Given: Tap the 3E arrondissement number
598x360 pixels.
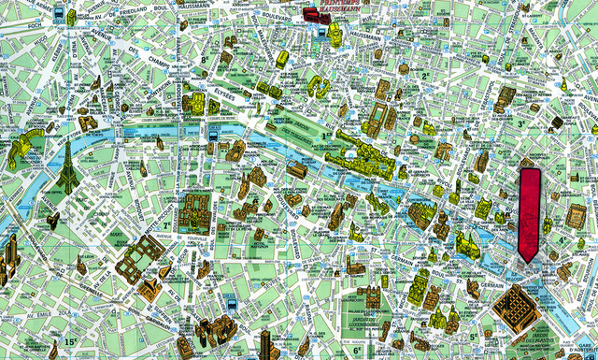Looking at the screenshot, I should tap(520, 122).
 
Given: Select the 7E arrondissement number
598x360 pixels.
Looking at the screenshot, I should tap(167, 225).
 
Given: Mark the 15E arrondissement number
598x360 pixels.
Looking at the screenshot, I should tap(70, 341).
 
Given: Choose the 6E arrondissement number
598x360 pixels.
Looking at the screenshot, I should tap(357, 352).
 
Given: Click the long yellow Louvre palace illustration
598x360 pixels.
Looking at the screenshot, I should tap(360, 151).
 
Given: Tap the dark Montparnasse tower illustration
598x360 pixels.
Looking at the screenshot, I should tap(264, 344).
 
